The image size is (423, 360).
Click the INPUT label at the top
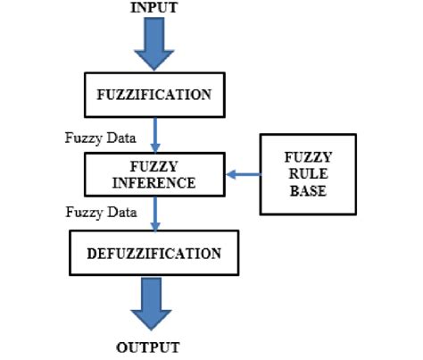pos(154,8)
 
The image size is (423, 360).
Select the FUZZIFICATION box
pos(153,95)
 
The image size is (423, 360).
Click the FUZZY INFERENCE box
pos(153,174)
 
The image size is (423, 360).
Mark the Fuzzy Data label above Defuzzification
pos(101,213)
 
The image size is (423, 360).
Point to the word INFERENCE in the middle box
pos(153,183)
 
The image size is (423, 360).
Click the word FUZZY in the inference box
pos(153,166)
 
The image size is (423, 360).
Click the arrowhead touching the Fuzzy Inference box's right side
pos(228,175)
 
